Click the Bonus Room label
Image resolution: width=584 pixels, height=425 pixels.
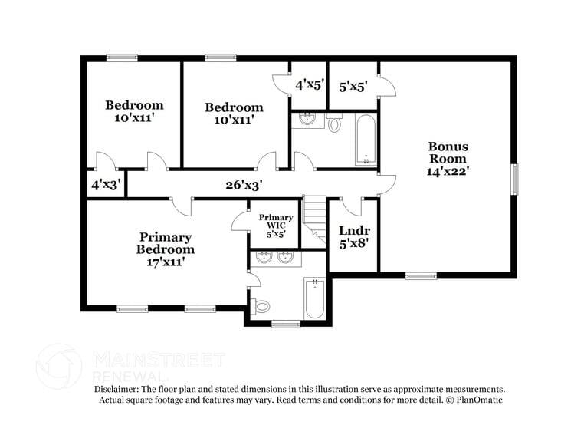448,152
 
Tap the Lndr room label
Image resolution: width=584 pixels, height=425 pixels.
354,230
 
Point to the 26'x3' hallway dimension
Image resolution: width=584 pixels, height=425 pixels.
244,185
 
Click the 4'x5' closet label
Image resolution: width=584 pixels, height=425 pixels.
310,85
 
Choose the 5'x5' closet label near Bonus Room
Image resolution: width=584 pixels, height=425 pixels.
353,86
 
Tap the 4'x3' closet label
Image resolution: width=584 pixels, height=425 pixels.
105,185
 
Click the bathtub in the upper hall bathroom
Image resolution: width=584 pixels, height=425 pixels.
366,139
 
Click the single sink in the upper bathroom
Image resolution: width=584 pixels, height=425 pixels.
307,119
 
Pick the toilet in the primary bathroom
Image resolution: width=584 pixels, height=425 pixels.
261,307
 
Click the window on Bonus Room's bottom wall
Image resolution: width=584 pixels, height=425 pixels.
421,276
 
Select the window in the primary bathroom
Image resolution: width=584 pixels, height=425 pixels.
286,323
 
